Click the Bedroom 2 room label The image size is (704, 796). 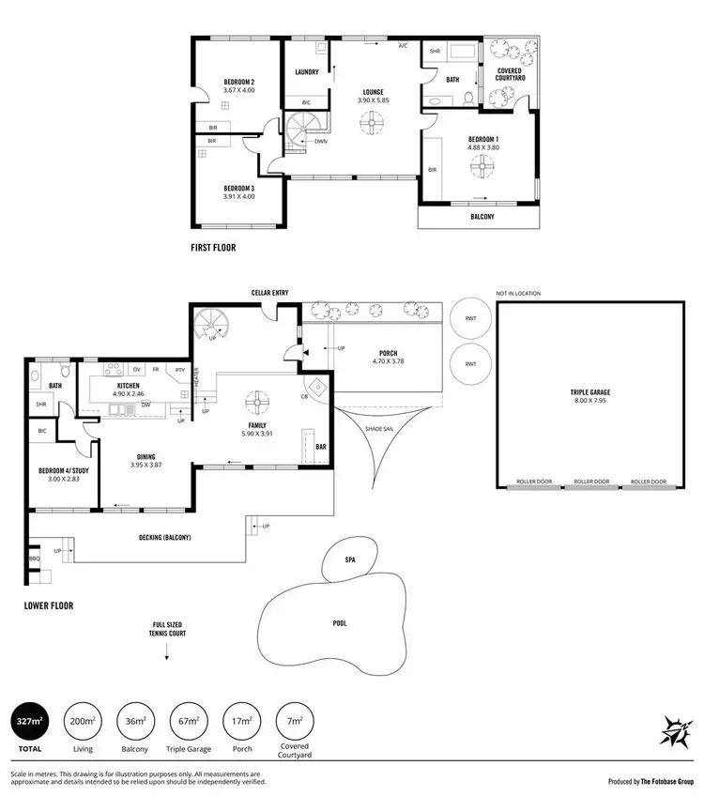(x=239, y=82)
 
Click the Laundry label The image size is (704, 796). (x=306, y=72)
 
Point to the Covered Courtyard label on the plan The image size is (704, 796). (x=510, y=74)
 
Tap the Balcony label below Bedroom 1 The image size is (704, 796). (x=482, y=216)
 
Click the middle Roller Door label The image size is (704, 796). (x=590, y=482)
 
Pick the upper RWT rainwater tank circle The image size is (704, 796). (x=470, y=316)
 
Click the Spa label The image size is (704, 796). (x=350, y=560)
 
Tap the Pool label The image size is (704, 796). (x=339, y=622)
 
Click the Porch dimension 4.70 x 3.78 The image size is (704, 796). (x=387, y=361)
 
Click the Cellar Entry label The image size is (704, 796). (x=269, y=293)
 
